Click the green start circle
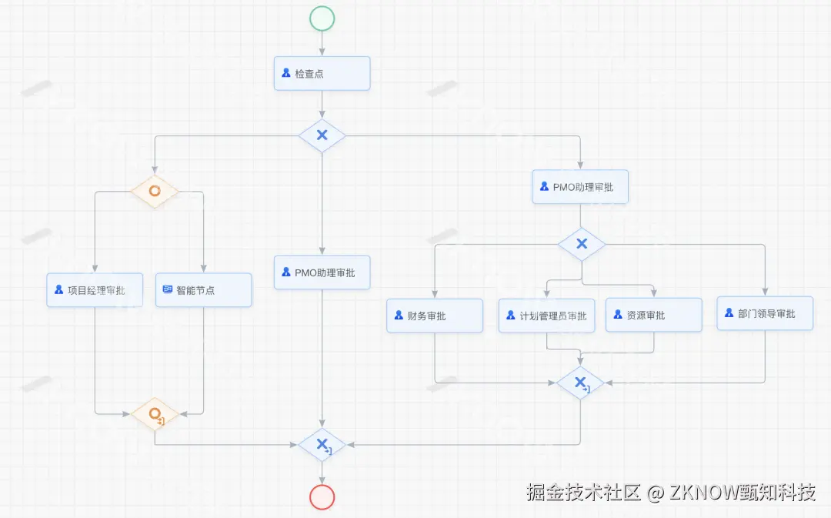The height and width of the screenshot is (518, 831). tap(322, 18)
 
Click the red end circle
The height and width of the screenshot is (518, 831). tap(322, 497)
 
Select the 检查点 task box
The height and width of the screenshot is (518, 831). tap(322, 74)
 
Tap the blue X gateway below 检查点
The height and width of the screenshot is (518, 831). tap(322, 135)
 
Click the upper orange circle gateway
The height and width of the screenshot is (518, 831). tap(155, 190)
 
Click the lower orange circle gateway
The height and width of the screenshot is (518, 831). tap(155, 415)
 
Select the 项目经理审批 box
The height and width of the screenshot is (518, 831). tap(95, 290)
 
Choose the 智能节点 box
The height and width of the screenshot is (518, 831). tap(203, 290)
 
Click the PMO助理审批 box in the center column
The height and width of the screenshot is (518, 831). tap(322, 272)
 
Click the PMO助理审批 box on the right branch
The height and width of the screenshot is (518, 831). tap(580, 187)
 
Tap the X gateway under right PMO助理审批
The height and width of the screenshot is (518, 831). tap(582, 244)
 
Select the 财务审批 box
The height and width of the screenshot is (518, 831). tap(435, 316)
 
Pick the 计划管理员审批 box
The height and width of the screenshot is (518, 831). tap(546, 316)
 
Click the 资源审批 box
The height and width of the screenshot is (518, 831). tap(653, 315)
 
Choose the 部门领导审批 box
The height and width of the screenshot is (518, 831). tap(764, 313)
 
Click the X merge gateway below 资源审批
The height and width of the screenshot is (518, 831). tap(581, 383)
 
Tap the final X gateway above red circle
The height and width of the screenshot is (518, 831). tap(322, 445)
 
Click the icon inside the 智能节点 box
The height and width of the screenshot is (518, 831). tap(168, 290)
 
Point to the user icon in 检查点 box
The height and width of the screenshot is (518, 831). tap(286, 74)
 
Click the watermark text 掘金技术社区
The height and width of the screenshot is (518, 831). tap(583, 492)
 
